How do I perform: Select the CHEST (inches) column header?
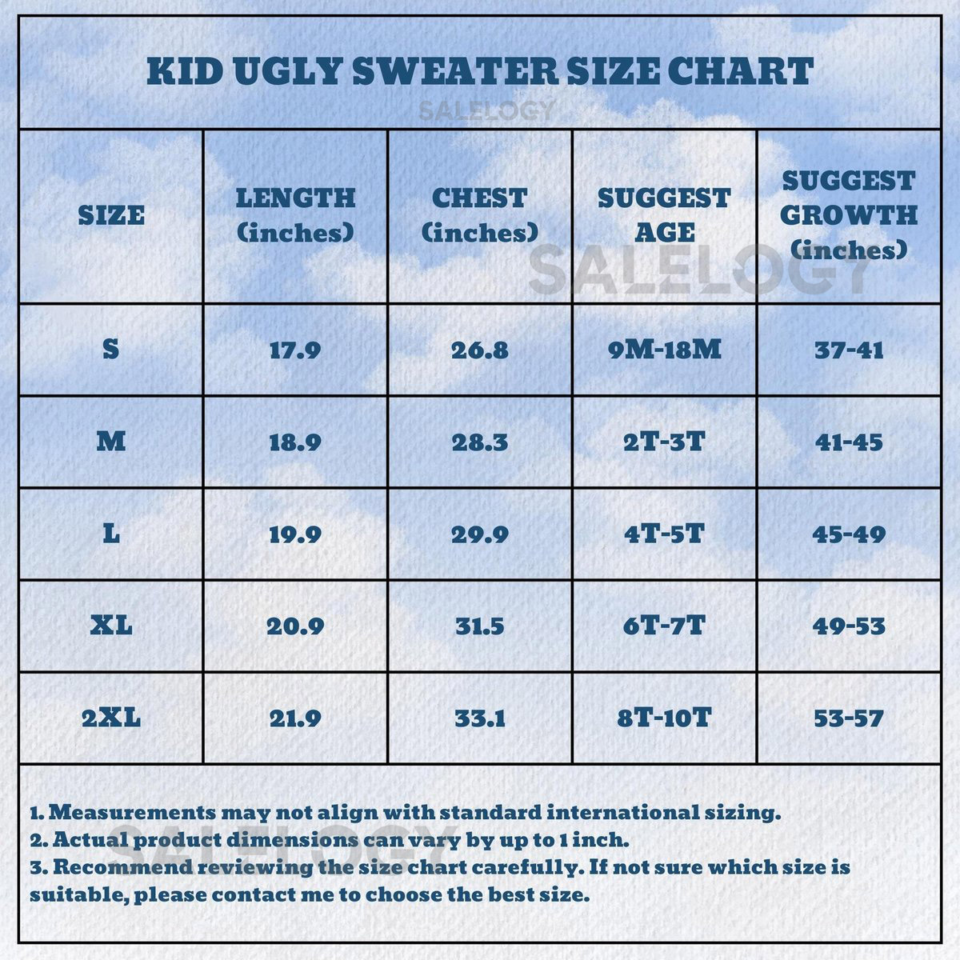tap(480, 215)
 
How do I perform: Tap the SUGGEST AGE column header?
tap(664, 215)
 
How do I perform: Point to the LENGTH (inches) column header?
tap(295, 215)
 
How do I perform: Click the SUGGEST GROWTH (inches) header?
tap(849, 215)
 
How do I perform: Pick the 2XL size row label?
tap(111, 718)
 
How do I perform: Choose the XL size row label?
tap(111, 626)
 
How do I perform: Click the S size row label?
tap(111, 349)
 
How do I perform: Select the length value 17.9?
tap(295, 350)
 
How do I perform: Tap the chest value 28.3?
tap(480, 442)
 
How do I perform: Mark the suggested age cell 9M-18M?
tap(664, 350)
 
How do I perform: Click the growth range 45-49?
tap(849, 534)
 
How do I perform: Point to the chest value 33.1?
tap(480, 718)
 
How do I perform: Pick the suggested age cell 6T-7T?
tap(664, 626)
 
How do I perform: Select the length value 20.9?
tap(295, 626)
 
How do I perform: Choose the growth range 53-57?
tap(849, 718)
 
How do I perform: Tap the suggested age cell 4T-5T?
tap(664, 534)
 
